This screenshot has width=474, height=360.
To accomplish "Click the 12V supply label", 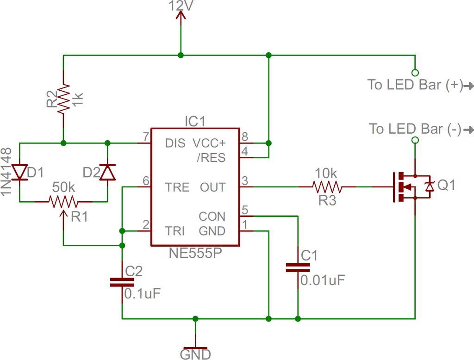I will coord(181,6).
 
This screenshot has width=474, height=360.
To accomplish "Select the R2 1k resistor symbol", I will coord(63,98).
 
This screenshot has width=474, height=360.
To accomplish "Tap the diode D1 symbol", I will coord(20,172).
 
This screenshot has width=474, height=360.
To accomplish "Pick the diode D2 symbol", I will coord(107,172).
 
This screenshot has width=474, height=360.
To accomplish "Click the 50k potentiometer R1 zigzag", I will coord(64,201).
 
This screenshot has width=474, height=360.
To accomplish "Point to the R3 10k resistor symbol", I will coord(327,187).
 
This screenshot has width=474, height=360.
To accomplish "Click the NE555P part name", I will coord(195,254).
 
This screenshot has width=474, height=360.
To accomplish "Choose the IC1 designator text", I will coord(194,122).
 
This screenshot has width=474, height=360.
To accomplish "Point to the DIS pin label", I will coord(175,143).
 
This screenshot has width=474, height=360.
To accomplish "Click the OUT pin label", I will coord(213,187).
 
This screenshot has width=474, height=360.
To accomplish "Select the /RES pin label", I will coord(211,158).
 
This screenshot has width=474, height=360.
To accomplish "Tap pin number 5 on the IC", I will coord(245,210).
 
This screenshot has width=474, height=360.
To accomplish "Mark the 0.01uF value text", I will coord(323,280).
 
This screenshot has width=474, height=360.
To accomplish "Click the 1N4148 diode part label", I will coord(6,171).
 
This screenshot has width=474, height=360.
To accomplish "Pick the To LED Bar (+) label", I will coord(415,85).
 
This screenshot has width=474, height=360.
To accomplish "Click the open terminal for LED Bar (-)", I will coord(415,140).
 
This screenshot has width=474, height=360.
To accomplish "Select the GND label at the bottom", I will coord(195,354).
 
